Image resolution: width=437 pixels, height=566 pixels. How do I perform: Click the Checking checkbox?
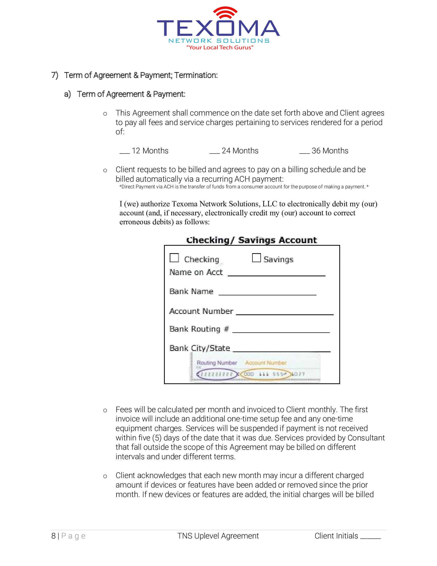point(174,258)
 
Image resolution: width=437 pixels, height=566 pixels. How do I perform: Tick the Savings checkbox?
point(256,258)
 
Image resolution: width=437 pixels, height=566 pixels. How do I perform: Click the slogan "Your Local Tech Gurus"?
point(220,47)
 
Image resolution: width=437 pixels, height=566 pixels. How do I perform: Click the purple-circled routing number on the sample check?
point(217,374)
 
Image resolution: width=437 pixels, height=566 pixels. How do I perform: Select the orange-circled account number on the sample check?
point(266,374)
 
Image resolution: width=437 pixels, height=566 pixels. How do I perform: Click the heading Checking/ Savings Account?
point(251,240)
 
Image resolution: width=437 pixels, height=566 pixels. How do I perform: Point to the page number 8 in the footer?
point(53,536)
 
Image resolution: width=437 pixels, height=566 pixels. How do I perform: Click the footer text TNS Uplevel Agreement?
point(218,536)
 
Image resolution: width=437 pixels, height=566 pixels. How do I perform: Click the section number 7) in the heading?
point(54,75)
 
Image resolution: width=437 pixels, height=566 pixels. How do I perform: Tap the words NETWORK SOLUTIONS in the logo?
point(219,41)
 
